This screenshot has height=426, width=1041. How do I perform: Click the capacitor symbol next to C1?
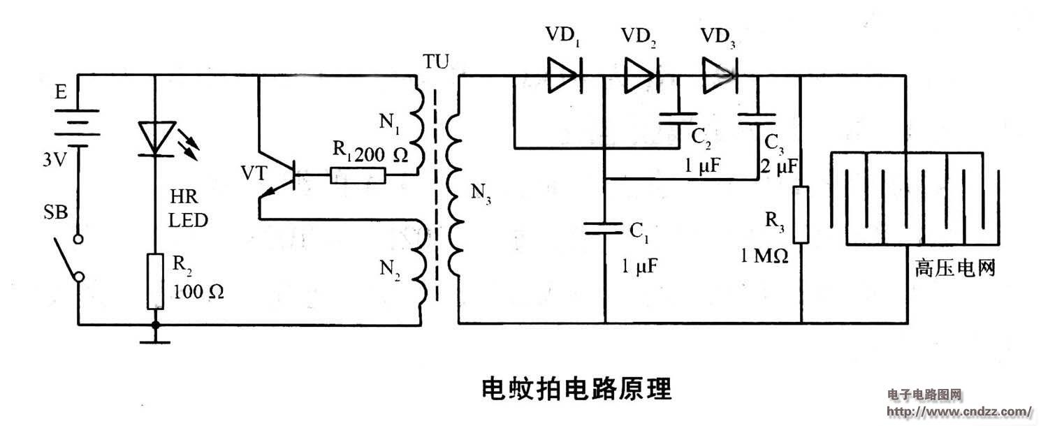(x=604, y=226)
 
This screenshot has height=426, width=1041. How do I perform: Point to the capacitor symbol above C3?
(x=760, y=117)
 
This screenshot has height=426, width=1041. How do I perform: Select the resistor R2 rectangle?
(x=155, y=281)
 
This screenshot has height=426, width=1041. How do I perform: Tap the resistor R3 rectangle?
(x=801, y=214)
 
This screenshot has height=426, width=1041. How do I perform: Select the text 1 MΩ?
(x=765, y=256)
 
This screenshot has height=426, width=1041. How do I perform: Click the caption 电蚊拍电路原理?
(x=576, y=388)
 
